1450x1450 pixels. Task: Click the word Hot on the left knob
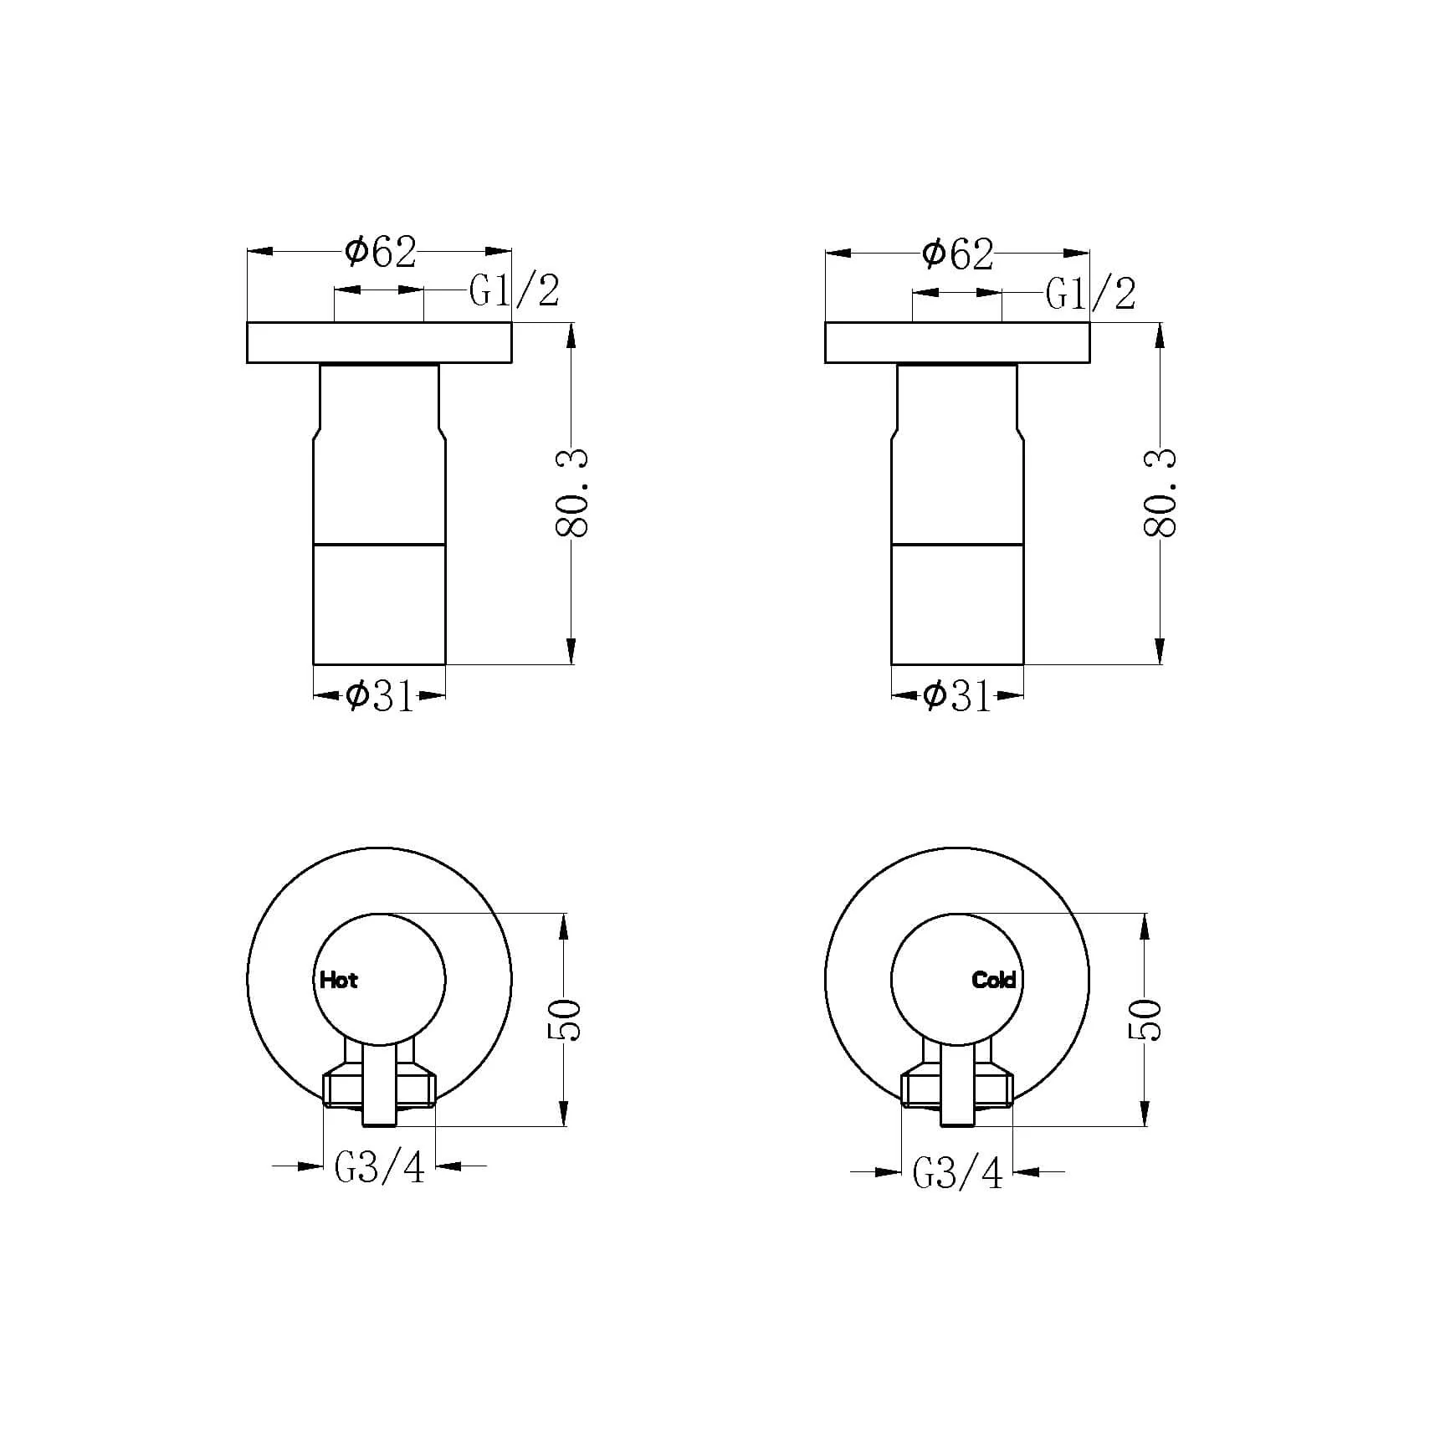point(338,980)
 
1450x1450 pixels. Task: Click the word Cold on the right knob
point(994,980)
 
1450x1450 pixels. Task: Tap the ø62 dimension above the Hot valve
point(381,252)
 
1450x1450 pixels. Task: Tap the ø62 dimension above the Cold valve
point(958,254)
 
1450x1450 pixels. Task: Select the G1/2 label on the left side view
point(515,291)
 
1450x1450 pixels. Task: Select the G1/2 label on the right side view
point(1092,294)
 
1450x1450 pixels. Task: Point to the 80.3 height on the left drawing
point(572,493)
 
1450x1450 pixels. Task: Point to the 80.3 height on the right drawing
point(1160,493)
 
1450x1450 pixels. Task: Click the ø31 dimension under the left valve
point(380,695)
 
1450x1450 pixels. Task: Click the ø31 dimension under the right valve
point(957,695)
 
